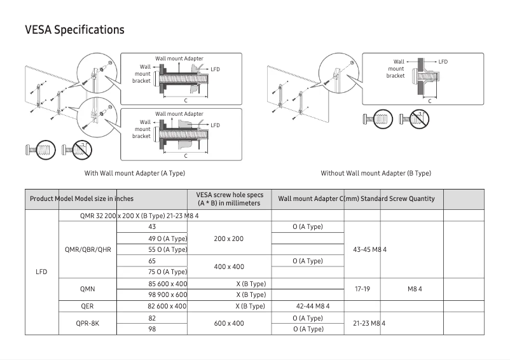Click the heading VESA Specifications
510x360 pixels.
[x=74, y=30]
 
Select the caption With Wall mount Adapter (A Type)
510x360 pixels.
[x=135, y=173]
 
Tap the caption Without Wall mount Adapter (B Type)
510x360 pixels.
[x=376, y=173]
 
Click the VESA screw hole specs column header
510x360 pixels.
[x=230, y=198]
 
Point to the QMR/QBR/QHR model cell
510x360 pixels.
[x=88, y=249]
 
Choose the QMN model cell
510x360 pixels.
[x=88, y=289]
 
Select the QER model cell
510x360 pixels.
[x=88, y=306]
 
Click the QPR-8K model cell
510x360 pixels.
[x=88, y=323]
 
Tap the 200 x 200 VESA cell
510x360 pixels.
[x=229, y=239]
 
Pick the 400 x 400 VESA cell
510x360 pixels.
[x=229, y=267]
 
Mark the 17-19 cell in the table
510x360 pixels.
[x=362, y=289]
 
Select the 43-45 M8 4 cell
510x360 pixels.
[x=369, y=249]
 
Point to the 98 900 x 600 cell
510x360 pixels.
[x=167, y=294]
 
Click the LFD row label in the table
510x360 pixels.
[x=41, y=272]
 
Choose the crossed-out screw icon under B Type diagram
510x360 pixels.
[x=418, y=118]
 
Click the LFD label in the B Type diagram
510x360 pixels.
[x=443, y=62]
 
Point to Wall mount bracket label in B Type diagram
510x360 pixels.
[x=396, y=69]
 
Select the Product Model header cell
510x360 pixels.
[x=51, y=198]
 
